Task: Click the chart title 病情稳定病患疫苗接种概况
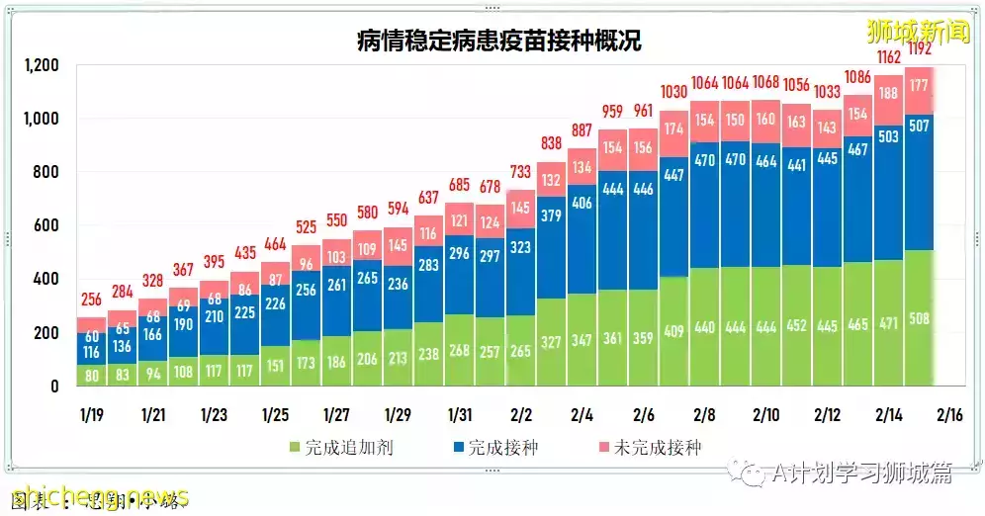498,41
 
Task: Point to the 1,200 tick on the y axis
41,65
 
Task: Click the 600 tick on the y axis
46,225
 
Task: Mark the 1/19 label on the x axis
92,413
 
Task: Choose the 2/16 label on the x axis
950,413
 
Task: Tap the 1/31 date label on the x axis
460,413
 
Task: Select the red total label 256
92,301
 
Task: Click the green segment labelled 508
921,318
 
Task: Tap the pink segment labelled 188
890,94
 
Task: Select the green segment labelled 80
92,375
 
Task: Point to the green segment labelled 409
674,331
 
